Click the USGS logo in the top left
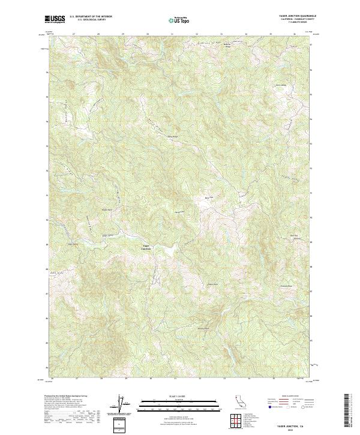(x=55, y=19)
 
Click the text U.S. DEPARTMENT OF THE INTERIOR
(x=91, y=17)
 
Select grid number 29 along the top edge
(x=122, y=34)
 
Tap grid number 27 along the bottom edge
(x=76, y=379)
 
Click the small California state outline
(x=237, y=401)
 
